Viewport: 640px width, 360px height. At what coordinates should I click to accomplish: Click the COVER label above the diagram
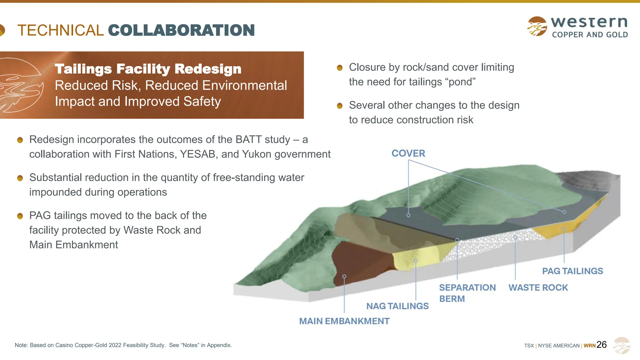(408, 153)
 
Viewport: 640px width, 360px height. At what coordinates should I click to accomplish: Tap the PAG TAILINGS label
(572, 271)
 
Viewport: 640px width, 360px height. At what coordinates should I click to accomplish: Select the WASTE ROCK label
(538, 287)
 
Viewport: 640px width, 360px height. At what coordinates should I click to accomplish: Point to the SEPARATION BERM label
(467, 293)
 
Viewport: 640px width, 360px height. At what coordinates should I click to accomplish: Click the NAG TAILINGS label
(397, 306)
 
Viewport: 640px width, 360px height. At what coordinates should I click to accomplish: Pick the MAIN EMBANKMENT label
(344, 321)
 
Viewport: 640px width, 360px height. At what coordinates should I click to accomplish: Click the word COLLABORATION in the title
(181, 30)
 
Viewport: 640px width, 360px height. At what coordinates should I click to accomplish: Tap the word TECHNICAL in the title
(60, 30)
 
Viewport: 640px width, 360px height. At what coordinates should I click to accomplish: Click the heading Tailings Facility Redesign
(148, 69)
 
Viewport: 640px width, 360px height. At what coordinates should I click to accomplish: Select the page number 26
(602, 345)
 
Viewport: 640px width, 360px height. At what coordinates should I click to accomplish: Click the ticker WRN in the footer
(589, 346)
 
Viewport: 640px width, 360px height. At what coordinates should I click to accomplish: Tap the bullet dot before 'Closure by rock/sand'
(340, 67)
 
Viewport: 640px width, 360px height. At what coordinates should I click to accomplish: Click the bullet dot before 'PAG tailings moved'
(20, 216)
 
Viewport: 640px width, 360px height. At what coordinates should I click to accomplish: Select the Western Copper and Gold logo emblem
(537, 26)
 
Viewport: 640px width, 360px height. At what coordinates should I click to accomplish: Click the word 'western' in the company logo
(589, 22)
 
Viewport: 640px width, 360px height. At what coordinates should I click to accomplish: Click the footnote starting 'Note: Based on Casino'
(123, 345)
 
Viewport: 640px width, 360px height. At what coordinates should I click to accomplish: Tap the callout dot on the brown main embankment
(344, 276)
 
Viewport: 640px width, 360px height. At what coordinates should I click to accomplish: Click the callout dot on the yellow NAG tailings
(416, 261)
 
